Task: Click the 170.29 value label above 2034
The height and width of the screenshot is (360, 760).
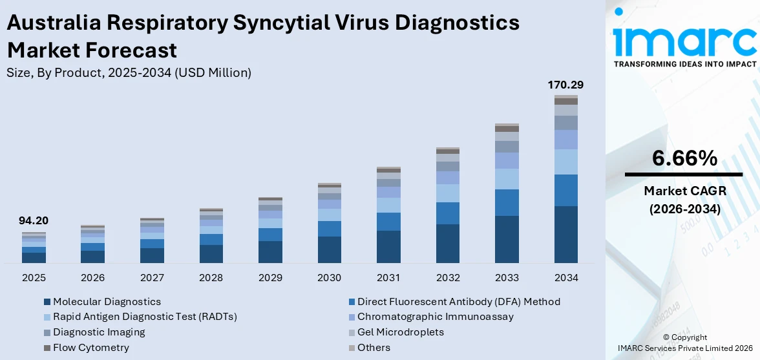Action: pyautogui.click(x=566, y=85)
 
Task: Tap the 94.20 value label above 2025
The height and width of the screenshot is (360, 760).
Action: pyautogui.click(x=34, y=220)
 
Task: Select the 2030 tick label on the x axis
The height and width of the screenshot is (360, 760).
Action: pyautogui.click(x=330, y=277)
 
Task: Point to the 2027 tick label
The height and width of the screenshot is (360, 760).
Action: pyautogui.click(x=152, y=277)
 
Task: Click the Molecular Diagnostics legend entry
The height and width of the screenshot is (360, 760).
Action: pyautogui.click(x=107, y=301)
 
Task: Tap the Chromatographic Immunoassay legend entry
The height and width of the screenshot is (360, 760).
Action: pyautogui.click(x=435, y=317)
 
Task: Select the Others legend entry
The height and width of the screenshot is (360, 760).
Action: pyautogui.click(x=374, y=348)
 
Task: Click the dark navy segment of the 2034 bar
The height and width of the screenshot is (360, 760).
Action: pyautogui.click(x=566, y=234)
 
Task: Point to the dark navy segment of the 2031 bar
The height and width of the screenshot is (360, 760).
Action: pyautogui.click(x=388, y=246)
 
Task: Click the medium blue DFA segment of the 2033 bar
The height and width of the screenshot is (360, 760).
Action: pyautogui.click(x=507, y=202)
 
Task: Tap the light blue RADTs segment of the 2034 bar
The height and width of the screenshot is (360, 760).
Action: pyautogui.click(x=566, y=162)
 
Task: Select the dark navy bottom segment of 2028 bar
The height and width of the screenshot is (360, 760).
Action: pyautogui.click(x=211, y=253)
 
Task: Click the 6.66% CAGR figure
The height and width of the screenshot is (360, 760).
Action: pyautogui.click(x=684, y=158)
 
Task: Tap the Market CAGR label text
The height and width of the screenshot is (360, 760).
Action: pyautogui.click(x=684, y=191)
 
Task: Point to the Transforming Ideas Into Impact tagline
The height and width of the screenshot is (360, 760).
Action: pyautogui.click(x=684, y=64)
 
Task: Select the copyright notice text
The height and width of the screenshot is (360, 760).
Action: pyautogui.click(x=684, y=343)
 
